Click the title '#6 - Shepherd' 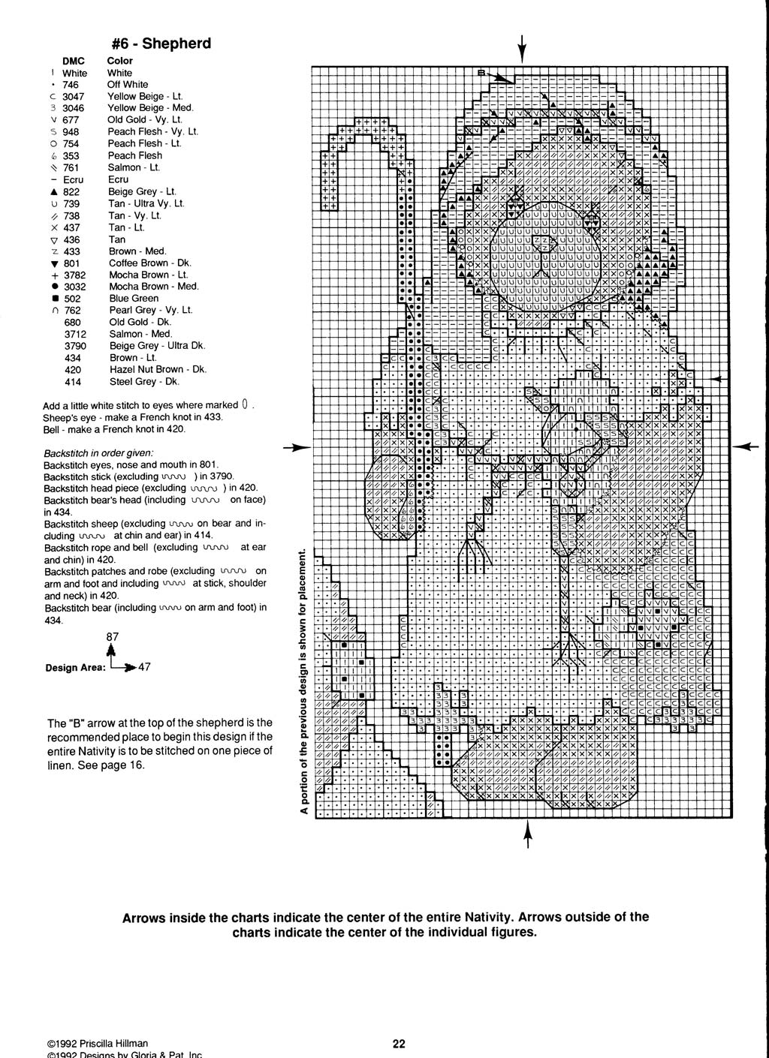point(161,44)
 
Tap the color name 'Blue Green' point(134,298)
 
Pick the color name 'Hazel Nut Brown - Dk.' point(157,369)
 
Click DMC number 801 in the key point(72,263)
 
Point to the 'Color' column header point(120,61)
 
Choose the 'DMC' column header point(74,61)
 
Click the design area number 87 point(112,637)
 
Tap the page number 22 point(399,1043)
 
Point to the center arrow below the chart point(527,833)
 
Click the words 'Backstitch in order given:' point(98,453)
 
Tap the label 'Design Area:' point(75,667)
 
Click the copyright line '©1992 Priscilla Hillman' point(97,1043)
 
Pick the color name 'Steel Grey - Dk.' point(144,381)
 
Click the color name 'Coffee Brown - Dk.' point(149,263)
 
